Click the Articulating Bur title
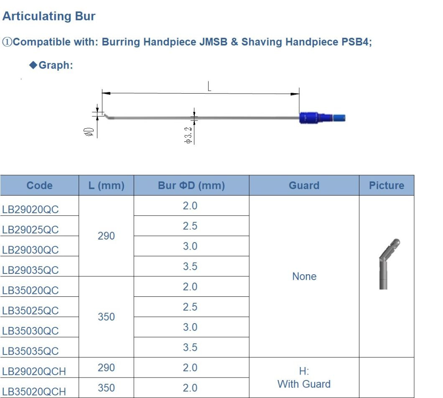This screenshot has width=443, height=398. [49, 16]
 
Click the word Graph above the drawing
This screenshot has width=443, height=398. [55, 65]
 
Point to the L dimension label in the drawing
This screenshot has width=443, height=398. [209, 87]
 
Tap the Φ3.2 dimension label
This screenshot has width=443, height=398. [188, 135]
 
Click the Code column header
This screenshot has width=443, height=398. [39, 186]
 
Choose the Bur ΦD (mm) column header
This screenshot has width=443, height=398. [191, 186]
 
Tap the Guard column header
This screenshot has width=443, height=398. [304, 186]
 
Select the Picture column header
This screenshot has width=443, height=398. [386, 186]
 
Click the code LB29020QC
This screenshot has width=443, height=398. [31, 209]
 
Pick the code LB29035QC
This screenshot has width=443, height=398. [31, 270]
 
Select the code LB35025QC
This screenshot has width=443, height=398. [31, 311]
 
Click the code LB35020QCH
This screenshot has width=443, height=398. [34, 391]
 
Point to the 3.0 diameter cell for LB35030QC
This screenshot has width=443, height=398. [190, 327]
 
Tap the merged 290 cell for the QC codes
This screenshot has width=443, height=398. [106, 236]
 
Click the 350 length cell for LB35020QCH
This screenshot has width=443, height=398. [106, 388]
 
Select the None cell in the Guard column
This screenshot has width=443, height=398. [304, 276]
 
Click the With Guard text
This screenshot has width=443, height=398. [304, 384]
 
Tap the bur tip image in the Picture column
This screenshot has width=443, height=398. [388, 263]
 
